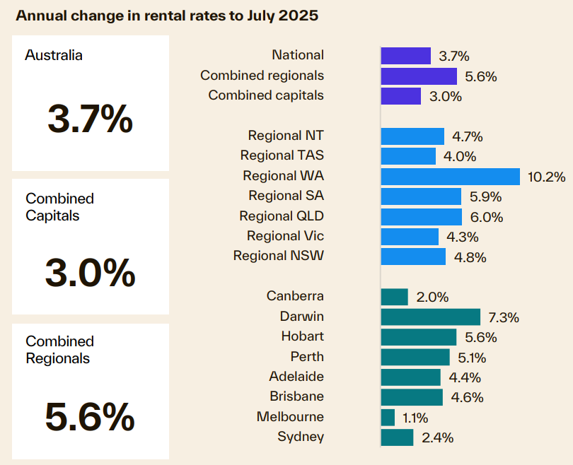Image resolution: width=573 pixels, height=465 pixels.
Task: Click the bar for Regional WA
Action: point(450,177)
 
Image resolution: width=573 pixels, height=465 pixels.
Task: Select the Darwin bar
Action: point(430,317)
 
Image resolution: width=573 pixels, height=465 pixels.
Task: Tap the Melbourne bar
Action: point(388,418)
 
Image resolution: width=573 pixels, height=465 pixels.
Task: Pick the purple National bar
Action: point(405,56)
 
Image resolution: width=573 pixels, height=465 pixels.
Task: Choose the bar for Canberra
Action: point(394,297)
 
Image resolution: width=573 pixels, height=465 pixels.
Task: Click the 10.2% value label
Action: point(546,177)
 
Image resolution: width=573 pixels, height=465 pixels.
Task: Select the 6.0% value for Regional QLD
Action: point(485,217)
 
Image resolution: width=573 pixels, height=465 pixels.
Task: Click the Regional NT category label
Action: point(286,136)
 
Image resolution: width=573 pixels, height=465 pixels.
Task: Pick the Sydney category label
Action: point(301,437)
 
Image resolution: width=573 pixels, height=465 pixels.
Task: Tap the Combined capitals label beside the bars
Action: point(266,95)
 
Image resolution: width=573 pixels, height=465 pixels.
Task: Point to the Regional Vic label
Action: point(285,236)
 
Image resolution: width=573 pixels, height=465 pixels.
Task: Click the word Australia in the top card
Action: point(54,55)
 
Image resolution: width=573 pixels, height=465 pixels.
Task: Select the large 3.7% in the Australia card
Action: point(90,119)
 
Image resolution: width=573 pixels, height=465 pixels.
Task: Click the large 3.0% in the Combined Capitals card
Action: point(90,273)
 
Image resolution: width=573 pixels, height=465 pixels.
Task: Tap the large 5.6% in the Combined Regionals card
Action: point(90,417)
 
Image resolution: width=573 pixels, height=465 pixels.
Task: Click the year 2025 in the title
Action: point(299,16)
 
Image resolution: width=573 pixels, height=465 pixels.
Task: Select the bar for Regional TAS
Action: point(408,156)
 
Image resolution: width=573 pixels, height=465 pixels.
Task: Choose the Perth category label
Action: point(307,357)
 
